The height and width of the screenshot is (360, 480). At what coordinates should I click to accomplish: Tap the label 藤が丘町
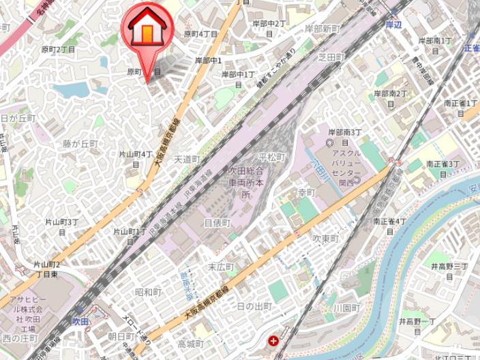80,144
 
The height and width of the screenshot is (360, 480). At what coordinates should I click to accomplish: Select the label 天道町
187,159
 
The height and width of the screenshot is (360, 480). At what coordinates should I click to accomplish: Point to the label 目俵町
217,223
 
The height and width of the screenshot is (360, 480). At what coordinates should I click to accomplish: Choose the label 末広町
221,267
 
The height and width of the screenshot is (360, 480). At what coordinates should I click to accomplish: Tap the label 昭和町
148,292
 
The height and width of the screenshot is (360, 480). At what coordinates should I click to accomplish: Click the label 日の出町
254,306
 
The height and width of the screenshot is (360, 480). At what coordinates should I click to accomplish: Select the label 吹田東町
325,239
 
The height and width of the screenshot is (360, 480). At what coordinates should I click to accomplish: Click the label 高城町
190,343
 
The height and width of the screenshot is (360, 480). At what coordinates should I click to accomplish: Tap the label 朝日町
121,336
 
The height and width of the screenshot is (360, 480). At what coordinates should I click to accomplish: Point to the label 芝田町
331,58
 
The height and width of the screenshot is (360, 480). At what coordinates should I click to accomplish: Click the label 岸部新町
322,29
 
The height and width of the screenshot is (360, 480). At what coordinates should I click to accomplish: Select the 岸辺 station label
393,25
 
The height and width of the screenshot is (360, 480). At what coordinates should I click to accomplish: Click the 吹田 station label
80,320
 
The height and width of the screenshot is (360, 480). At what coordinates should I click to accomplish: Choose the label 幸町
307,193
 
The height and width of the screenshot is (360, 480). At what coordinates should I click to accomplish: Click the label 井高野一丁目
417,321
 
